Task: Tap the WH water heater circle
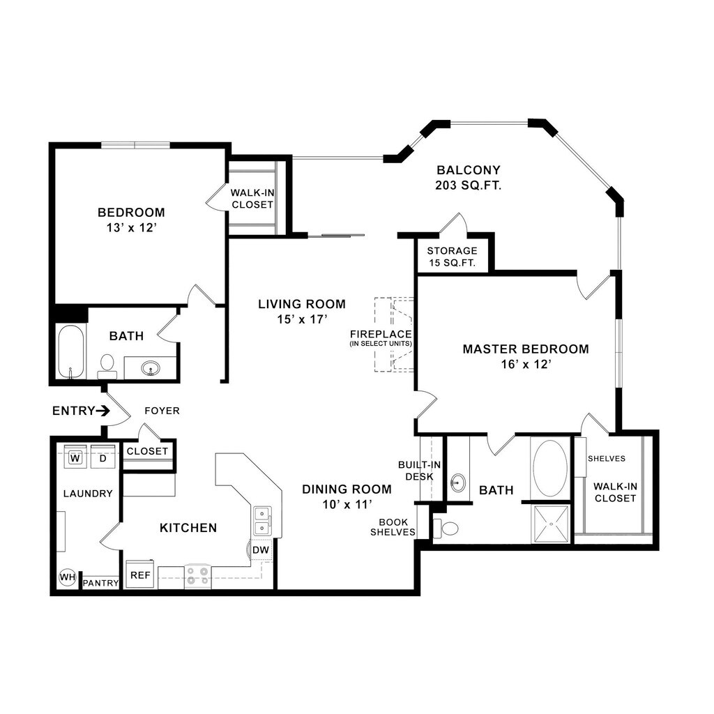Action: click(x=67, y=577)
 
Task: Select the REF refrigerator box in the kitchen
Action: click(x=140, y=576)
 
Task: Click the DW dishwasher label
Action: click(x=261, y=550)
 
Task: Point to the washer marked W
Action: click(x=75, y=458)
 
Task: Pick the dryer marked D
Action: click(x=102, y=458)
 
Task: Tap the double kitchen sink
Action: click(x=262, y=519)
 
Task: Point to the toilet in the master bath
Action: click(x=445, y=529)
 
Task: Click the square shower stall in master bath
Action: click(x=550, y=524)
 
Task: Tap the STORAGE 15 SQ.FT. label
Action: click(x=452, y=257)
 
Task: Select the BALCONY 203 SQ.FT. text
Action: click(x=469, y=178)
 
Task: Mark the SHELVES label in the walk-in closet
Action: click(x=606, y=458)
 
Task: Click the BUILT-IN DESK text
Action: click(x=416, y=471)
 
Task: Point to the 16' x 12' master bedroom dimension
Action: click(x=526, y=364)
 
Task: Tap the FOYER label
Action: click(x=162, y=411)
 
